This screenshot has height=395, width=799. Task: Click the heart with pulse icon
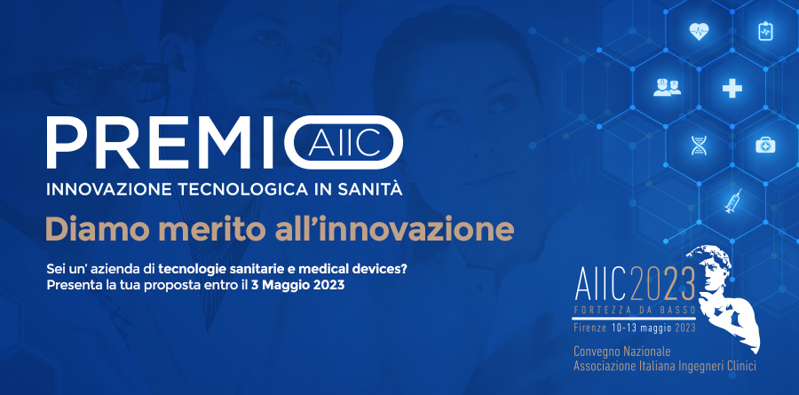pos(699,32)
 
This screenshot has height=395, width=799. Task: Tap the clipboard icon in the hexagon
pos(765,31)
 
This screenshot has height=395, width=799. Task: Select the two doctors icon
pos(667,87)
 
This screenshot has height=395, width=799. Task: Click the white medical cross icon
pos(732,89)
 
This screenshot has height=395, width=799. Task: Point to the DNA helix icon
pos(697,146)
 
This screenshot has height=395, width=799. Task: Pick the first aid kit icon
pos(765,146)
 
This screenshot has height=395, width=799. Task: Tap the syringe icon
pos(732,201)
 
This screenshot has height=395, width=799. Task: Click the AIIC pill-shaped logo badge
pos(344,142)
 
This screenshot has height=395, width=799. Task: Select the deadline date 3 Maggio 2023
pos(297,284)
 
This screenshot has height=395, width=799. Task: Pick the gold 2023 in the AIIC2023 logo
pos(662,285)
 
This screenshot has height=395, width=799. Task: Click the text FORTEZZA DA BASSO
pos(635,311)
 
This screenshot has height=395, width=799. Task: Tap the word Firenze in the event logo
pos(590,328)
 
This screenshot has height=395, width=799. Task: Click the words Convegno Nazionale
pos(622,352)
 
